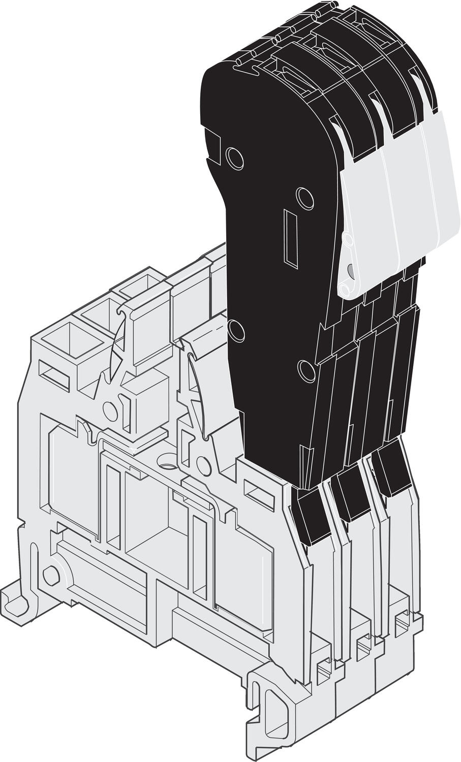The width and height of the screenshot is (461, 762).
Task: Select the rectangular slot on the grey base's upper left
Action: coord(53,375)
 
